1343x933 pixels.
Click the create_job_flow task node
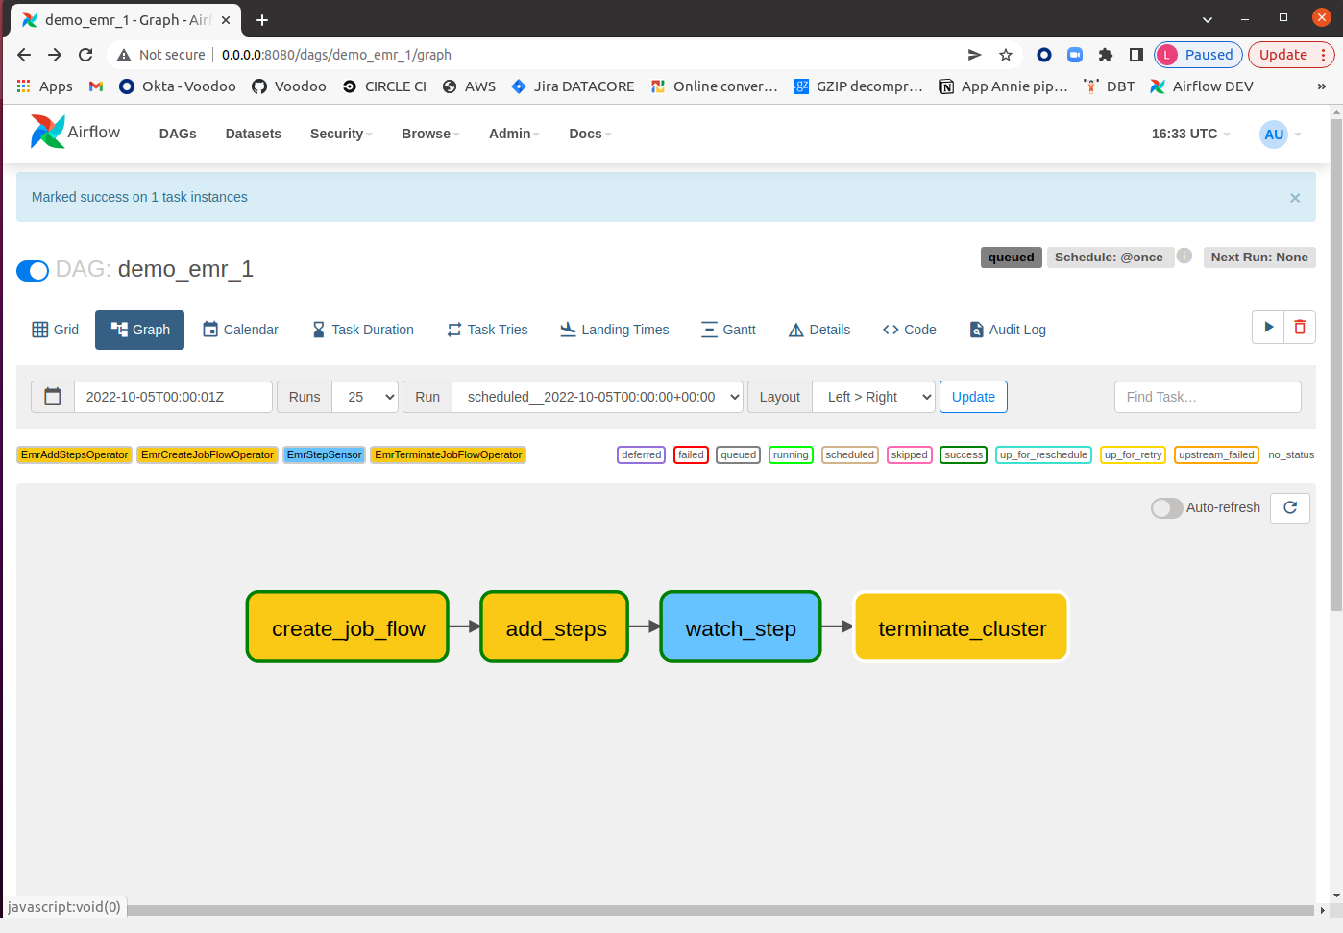pyautogui.click(x=347, y=626)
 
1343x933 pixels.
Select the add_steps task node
pyautogui.click(x=554, y=626)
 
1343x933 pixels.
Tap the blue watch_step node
pyautogui.click(x=741, y=626)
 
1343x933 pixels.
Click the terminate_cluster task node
pyautogui.click(x=961, y=626)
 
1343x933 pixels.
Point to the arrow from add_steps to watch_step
pyautogui.click(x=645, y=626)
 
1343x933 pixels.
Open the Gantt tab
pyautogui.click(x=728, y=330)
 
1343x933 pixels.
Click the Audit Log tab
pyautogui.click(x=1007, y=330)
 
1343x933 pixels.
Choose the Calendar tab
pyautogui.click(x=240, y=330)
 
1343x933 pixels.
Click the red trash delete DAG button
pyautogui.click(x=1300, y=328)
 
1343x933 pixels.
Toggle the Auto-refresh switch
pyautogui.click(x=1166, y=508)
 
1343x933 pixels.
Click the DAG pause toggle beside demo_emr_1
pyautogui.click(x=33, y=270)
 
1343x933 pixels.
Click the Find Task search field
pyautogui.click(x=1208, y=397)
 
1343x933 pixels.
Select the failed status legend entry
pyautogui.click(x=691, y=455)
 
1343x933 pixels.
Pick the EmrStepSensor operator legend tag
pyautogui.click(x=324, y=455)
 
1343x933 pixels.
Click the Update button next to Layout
pyautogui.click(x=973, y=397)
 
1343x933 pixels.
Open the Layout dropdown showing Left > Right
pyautogui.click(x=873, y=397)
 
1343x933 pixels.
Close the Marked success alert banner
pyautogui.click(x=1295, y=198)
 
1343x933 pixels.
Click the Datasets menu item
pyautogui.click(x=253, y=134)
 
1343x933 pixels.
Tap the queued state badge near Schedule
pyautogui.click(x=1011, y=258)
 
